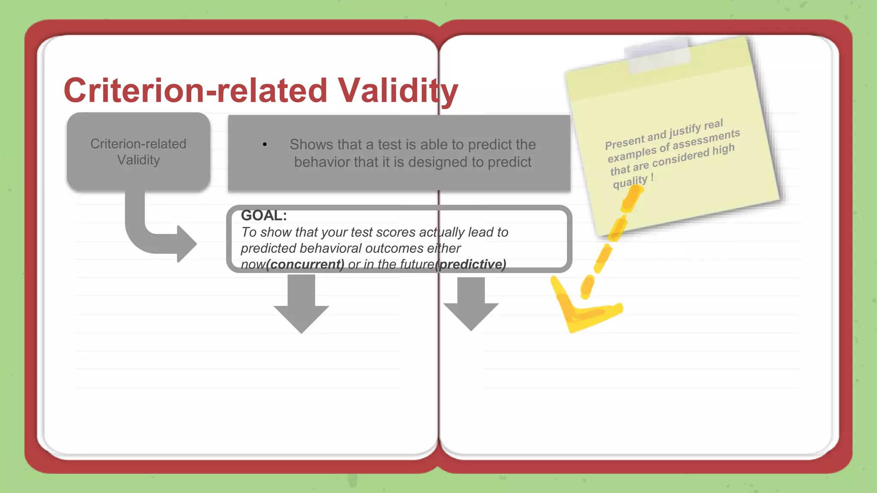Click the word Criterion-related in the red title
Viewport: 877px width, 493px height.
195,90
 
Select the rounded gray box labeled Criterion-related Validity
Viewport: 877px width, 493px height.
138,151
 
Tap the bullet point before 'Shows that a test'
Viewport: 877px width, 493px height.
265,145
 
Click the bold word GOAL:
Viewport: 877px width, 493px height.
264,215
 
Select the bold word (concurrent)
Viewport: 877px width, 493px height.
305,264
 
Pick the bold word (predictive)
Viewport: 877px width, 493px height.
471,264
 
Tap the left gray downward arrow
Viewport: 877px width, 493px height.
301,305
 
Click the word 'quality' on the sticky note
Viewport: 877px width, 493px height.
630,181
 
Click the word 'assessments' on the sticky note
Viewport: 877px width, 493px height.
706,140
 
